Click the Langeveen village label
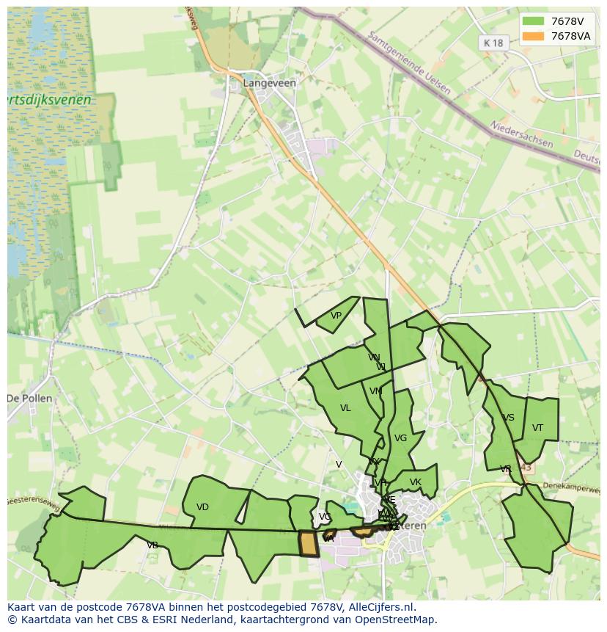[270, 83]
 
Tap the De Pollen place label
[29, 399]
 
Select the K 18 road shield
[493, 43]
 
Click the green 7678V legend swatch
[534, 21]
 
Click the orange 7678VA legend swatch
[534, 36]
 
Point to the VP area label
[336, 316]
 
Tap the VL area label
[345, 408]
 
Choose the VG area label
[400, 439]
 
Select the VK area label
[416, 482]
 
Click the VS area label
[508, 418]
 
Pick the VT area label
[537, 428]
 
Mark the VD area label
[203, 507]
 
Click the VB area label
[152, 545]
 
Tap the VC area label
[324, 517]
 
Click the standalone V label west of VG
[339, 465]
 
